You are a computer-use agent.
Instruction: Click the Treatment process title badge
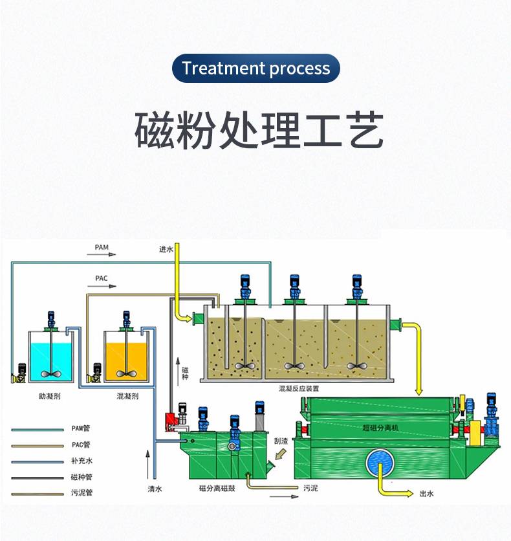coord(255,68)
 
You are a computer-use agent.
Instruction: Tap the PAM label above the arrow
coord(102,247)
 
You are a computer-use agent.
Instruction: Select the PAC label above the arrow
coord(102,278)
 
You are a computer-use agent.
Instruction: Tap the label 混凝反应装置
coord(298,389)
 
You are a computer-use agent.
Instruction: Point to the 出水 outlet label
coord(427,494)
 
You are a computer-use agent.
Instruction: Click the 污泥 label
coord(311,488)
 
